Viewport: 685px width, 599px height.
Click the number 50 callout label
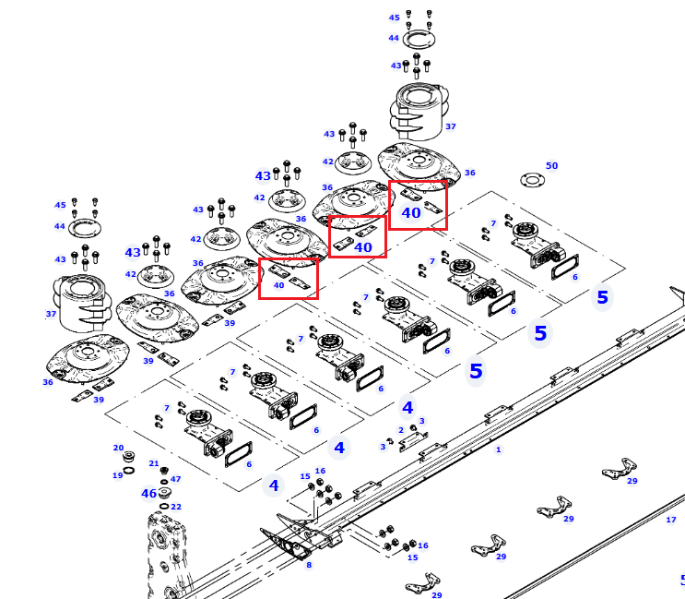[551, 166]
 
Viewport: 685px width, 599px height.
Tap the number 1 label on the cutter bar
[499, 449]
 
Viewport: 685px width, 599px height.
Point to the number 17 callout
[671, 520]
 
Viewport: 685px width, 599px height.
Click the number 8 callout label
[309, 565]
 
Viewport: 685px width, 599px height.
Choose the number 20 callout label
[118, 448]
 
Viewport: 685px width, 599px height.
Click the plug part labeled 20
[128, 457]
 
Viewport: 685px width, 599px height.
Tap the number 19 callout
[117, 475]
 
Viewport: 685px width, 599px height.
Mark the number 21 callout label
[154, 463]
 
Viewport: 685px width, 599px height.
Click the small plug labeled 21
[164, 471]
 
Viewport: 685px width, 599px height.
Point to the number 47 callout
[175, 479]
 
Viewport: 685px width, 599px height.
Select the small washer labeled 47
[164, 482]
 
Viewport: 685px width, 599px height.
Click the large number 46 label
[148, 493]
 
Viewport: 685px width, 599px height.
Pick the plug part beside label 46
[165, 493]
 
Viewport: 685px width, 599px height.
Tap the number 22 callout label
[176, 507]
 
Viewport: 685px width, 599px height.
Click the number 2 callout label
[401, 430]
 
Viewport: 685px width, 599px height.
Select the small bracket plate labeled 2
[413, 441]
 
